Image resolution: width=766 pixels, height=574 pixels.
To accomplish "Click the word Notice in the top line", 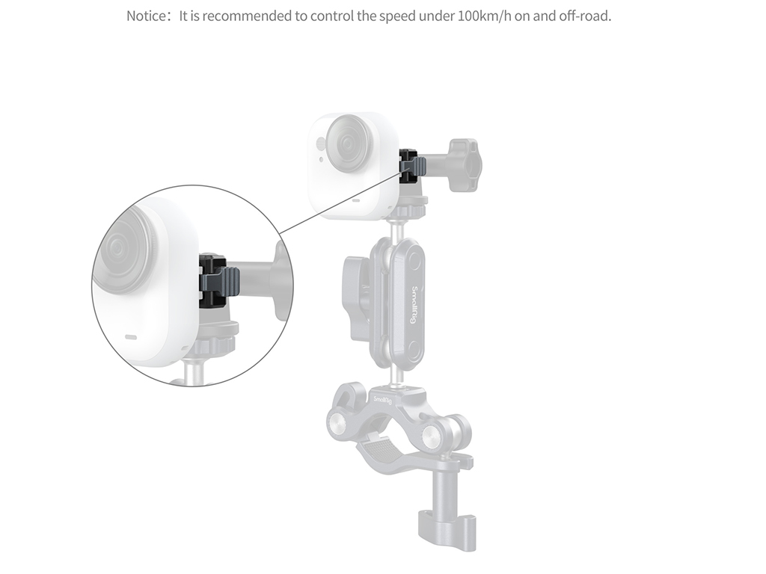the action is [146, 16].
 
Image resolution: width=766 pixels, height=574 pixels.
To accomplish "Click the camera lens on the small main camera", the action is [347, 143].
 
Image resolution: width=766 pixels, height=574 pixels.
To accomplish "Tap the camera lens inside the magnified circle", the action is [125, 250].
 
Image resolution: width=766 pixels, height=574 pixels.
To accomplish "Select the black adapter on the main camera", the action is [409, 167].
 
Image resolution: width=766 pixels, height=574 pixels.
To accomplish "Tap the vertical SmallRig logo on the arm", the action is [413, 305].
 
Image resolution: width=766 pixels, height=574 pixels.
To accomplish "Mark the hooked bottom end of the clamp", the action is [447, 532].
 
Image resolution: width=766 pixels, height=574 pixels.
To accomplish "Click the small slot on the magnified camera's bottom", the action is [130, 337].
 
